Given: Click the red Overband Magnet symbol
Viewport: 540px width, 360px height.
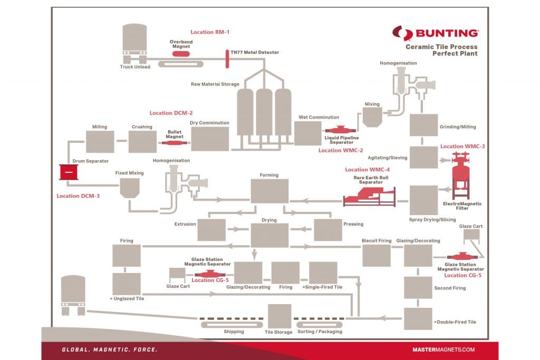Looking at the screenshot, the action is click(181, 54).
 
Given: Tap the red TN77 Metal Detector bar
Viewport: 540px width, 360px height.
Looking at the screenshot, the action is click(227, 59).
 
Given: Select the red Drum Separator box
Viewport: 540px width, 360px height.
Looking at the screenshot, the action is click(69, 172).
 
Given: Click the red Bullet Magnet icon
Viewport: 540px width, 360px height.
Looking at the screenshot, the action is click(174, 142).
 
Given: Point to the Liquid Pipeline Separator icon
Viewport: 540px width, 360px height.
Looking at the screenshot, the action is click(340, 130).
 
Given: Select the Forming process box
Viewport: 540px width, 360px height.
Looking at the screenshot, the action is click(269, 191).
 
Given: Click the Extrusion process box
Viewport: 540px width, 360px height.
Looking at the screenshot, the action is click(211, 230).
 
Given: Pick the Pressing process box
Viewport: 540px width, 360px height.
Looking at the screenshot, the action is click(328, 230).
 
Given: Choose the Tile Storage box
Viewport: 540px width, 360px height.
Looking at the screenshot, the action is click(279, 316).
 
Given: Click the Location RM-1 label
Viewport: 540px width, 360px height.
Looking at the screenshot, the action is click(210, 32).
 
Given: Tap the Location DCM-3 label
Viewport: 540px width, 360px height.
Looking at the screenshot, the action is click(78, 196).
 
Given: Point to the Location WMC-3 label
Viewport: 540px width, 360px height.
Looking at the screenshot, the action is click(462, 147).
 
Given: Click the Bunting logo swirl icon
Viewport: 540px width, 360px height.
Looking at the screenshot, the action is click(402, 33).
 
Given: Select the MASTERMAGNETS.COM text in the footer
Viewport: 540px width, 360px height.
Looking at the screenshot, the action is click(443, 349).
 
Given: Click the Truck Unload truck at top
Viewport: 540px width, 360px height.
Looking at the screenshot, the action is click(134, 43).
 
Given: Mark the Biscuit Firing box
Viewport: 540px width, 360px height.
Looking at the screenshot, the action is click(377, 256).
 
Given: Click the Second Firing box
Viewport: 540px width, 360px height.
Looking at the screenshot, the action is click(418, 287).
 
